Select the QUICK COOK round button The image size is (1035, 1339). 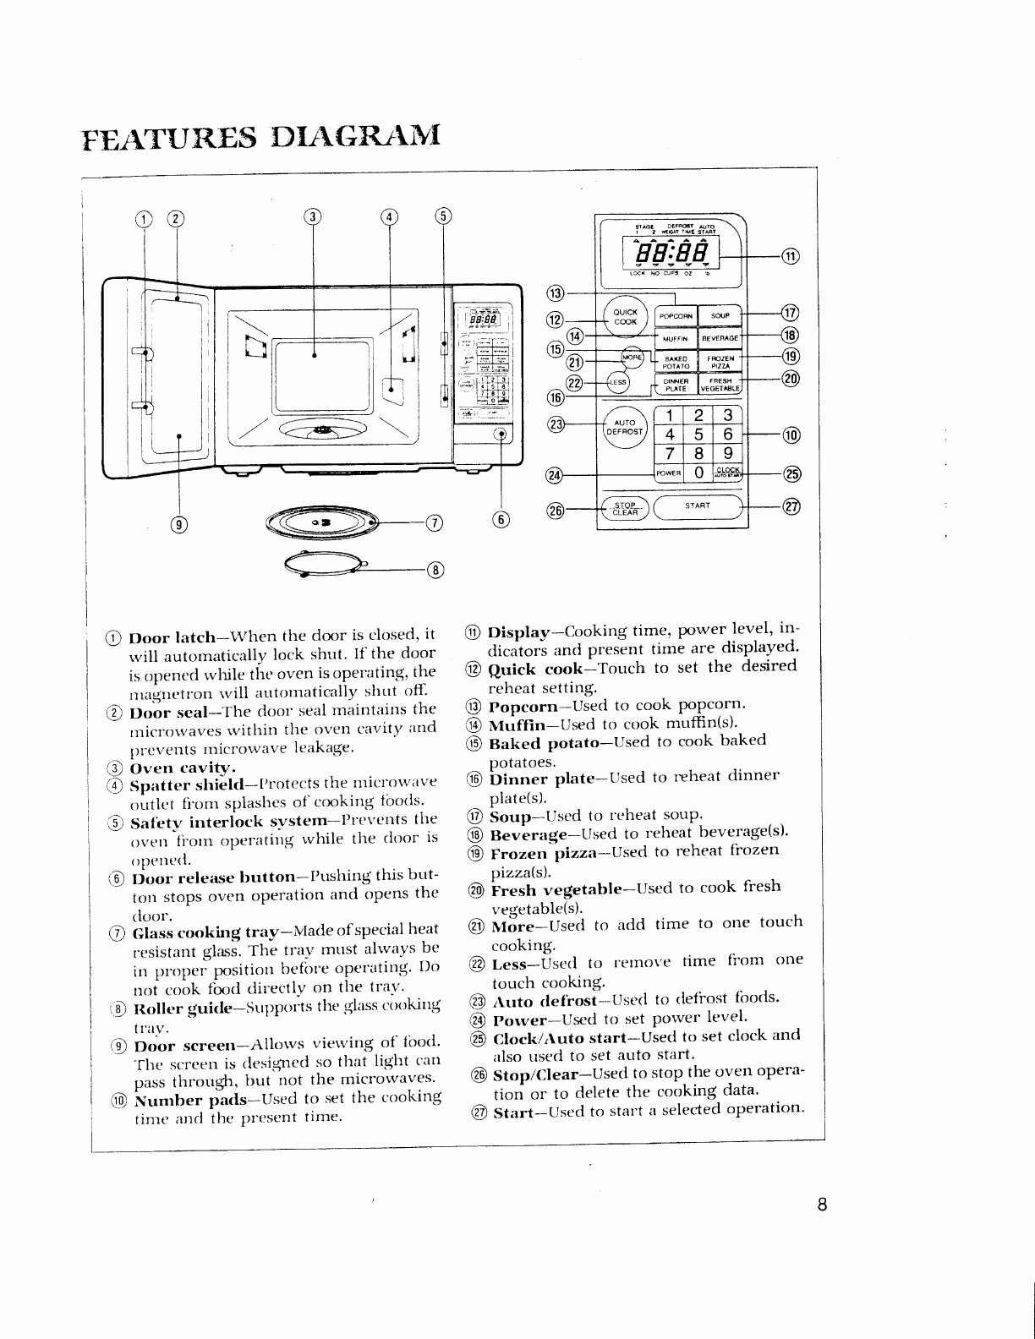point(625,317)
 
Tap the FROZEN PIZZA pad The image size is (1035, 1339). point(720,362)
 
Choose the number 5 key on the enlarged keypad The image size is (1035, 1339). point(698,434)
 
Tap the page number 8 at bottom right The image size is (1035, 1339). point(821,1205)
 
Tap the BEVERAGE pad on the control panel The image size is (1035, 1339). point(720,338)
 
